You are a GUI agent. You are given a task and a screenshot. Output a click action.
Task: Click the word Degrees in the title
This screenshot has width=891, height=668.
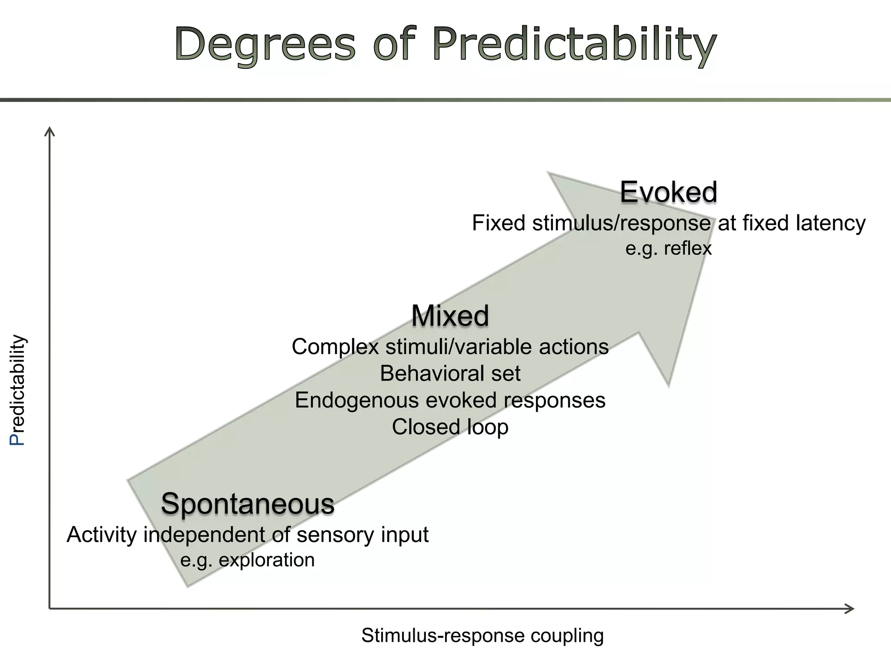pyautogui.click(x=265, y=45)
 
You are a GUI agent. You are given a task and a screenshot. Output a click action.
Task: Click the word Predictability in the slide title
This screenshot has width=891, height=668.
pyautogui.click(x=574, y=45)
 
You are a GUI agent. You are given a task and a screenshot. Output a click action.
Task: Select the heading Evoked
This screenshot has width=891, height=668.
pyautogui.click(x=668, y=192)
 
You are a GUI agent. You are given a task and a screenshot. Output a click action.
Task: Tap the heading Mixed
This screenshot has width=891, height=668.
pyautogui.click(x=450, y=315)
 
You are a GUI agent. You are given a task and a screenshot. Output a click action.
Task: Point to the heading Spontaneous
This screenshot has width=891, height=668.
pyautogui.click(x=248, y=504)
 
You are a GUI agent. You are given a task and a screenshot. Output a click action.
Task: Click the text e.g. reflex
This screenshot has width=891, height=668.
pyautogui.click(x=668, y=248)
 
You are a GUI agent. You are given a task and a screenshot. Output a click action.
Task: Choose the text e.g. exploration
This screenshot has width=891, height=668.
pyautogui.click(x=248, y=560)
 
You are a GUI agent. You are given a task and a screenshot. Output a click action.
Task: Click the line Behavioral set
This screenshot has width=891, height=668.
pyautogui.click(x=450, y=374)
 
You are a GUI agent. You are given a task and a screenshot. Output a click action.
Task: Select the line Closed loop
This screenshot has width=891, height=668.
pyautogui.click(x=450, y=427)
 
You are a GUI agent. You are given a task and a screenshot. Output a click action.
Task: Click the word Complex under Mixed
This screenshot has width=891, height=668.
pyautogui.click(x=335, y=347)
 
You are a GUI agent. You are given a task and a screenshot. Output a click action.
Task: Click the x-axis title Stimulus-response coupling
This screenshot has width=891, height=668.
pyautogui.click(x=482, y=635)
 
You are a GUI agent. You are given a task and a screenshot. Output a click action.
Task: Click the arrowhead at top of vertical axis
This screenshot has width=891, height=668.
pyautogui.click(x=50, y=130)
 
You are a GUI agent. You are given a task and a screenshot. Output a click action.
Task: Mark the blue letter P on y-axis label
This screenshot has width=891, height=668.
pyautogui.click(x=17, y=439)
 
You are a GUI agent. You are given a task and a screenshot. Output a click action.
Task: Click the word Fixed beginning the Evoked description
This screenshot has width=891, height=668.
pyautogui.click(x=499, y=224)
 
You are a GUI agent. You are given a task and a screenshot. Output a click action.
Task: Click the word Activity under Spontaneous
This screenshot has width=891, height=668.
pyautogui.click(x=101, y=535)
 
